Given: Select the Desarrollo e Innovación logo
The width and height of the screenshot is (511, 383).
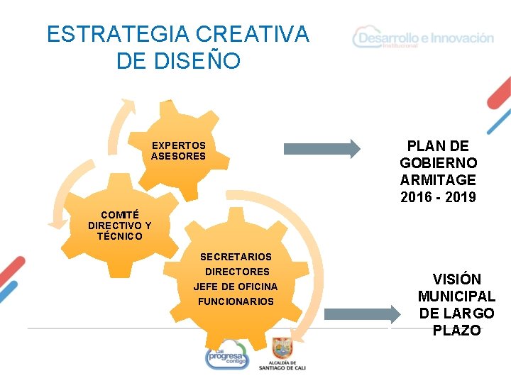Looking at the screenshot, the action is (x=423, y=38).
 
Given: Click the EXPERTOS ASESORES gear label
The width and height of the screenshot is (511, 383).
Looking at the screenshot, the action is (x=178, y=150).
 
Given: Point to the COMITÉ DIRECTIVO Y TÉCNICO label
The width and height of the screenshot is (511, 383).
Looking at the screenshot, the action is (x=119, y=225).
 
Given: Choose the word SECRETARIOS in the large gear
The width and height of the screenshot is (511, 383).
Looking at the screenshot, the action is (x=236, y=257).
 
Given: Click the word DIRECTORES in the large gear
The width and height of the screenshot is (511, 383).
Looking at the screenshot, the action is (x=237, y=272).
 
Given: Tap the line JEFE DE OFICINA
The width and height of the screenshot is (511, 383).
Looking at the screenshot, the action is (x=236, y=287).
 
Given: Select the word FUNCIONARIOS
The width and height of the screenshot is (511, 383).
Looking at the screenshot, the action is (x=236, y=301).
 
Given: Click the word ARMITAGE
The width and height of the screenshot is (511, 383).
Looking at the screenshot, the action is (x=438, y=180).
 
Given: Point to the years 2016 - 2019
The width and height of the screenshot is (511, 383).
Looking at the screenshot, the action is (x=438, y=197).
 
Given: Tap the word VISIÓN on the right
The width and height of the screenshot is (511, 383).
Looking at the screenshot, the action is (x=457, y=279).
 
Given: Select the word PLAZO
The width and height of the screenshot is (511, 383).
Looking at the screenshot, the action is (x=456, y=331).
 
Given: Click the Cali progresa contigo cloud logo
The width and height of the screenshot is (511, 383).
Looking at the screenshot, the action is (x=227, y=355).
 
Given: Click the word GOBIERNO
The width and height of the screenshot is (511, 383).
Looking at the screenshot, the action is (x=438, y=163).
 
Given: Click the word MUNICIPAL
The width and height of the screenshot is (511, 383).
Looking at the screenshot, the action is (x=456, y=296).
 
